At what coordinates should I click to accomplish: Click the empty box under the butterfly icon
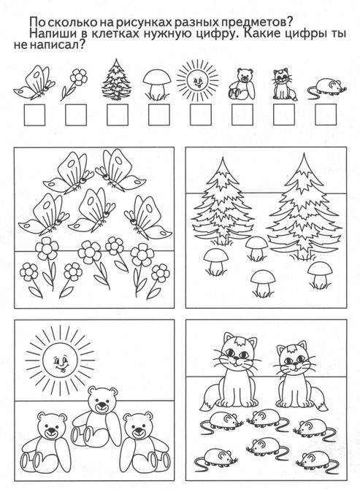(34, 115)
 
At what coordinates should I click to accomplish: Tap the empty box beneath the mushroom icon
(159, 115)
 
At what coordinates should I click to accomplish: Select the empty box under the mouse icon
(326, 115)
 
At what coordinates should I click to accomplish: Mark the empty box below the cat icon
(284, 115)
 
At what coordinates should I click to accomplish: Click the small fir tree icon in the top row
(116, 80)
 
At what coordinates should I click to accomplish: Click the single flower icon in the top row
(74, 84)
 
